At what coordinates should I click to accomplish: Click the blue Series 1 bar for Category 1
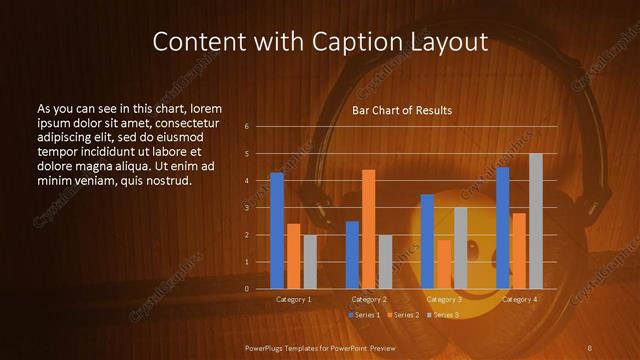(x=277, y=231)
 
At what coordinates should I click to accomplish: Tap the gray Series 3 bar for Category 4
(x=536, y=221)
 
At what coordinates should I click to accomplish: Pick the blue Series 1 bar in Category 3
(x=427, y=241)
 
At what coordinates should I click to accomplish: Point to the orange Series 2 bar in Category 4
(x=518, y=251)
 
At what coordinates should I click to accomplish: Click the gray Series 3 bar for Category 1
(x=310, y=262)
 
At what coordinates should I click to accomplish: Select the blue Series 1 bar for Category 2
(x=352, y=255)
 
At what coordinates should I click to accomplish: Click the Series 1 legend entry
(x=364, y=315)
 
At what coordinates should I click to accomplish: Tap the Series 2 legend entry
(x=402, y=315)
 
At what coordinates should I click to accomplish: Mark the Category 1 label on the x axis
(x=294, y=299)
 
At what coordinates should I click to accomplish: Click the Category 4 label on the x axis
(x=519, y=299)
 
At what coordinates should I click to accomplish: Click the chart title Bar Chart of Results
(x=402, y=110)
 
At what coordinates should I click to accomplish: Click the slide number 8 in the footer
(x=589, y=347)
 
